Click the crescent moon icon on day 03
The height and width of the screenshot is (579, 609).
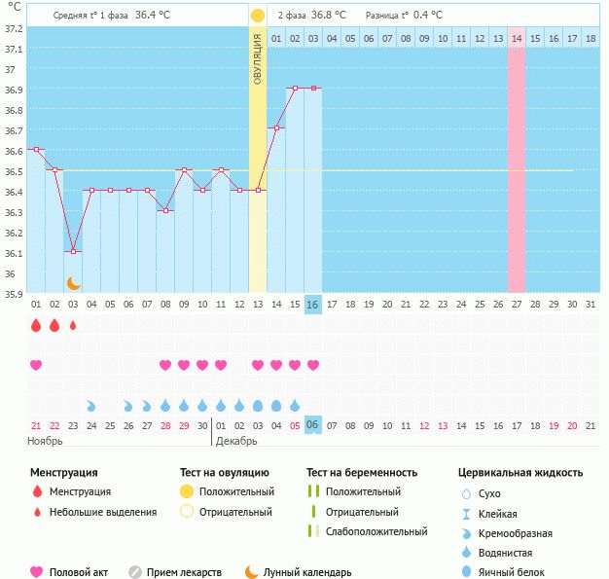[73, 283]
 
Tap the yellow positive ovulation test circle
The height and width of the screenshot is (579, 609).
[257, 16]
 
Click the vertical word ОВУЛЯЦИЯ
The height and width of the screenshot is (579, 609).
[258, 58]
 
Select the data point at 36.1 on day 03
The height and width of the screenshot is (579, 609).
[73, 251]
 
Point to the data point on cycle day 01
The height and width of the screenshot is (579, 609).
[36, 149]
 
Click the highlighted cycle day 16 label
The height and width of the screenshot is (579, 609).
[312, 305]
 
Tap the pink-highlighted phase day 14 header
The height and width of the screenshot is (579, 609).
[517, 38]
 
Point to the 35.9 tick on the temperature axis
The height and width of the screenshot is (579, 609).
[13, 292]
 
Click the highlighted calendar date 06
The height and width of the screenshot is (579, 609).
[312, 425]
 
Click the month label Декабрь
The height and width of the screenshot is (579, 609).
[237, 441]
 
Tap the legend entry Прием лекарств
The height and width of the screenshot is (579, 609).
[184, 572]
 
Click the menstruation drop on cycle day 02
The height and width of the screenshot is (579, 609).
[54, 325]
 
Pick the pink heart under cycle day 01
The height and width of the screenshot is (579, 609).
[36, 365]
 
